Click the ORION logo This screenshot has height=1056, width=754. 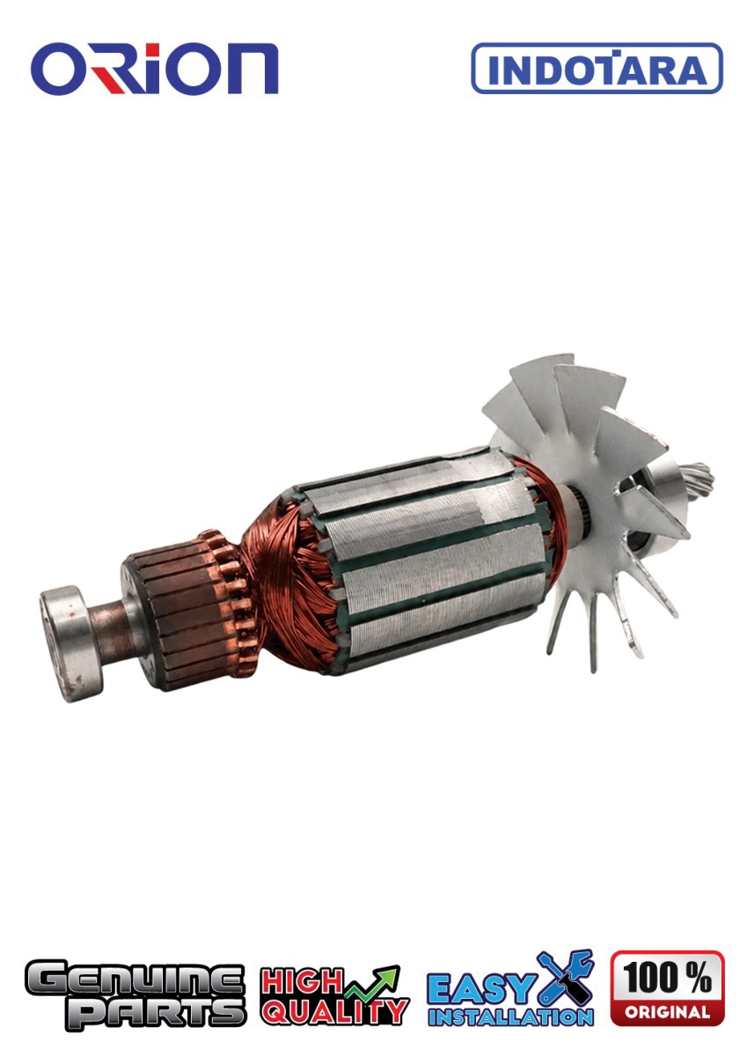tap(154, 69)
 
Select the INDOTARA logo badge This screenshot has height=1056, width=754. tap(597, 68)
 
